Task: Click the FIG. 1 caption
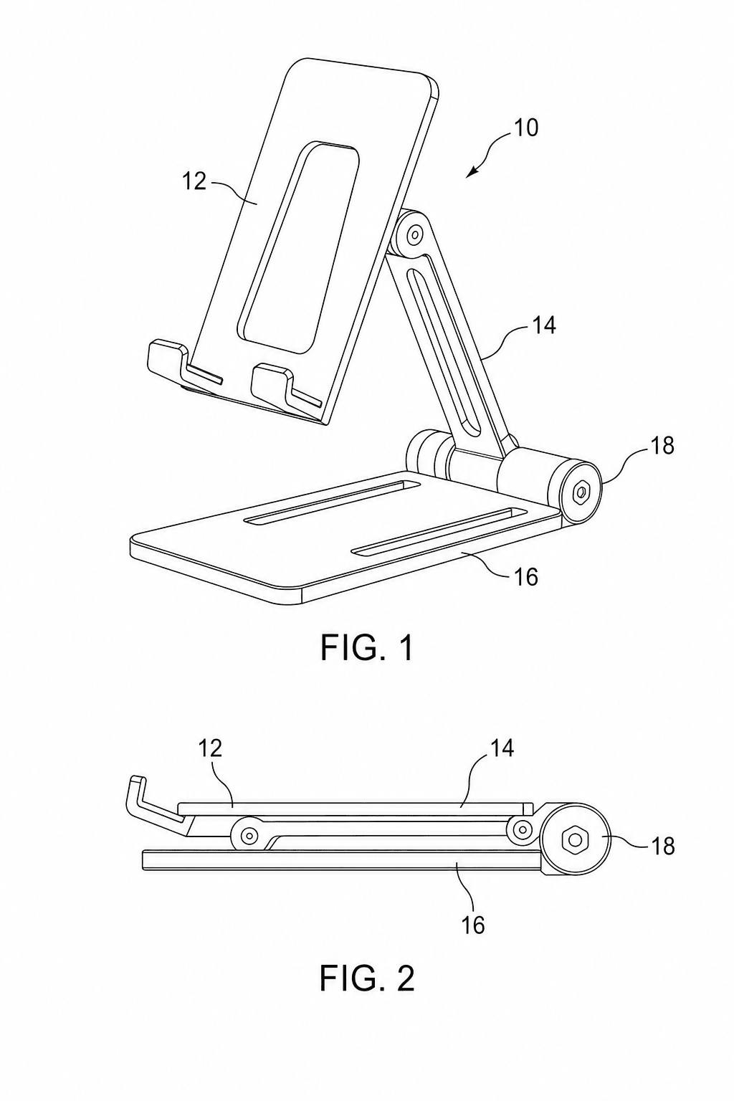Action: pyautogui.click(x=367, y=648)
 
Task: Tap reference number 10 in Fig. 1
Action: pyautogui.click(x=526, y=128)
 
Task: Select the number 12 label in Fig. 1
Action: pyautogui.click(x=195, y=181)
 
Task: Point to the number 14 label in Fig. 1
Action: pyautogui.click(x=543, y=325)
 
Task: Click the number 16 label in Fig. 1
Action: pyautogui.click(x=525, y=576)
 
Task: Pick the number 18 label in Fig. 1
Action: pyautogui.click(x=661, y=446)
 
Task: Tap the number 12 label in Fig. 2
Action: pyautogui.click(x=210, y=748)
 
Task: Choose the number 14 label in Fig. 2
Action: pyautogui.click(x=502, y=748)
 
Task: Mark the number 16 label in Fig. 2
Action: pyautogui.click(x=473, y=925)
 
